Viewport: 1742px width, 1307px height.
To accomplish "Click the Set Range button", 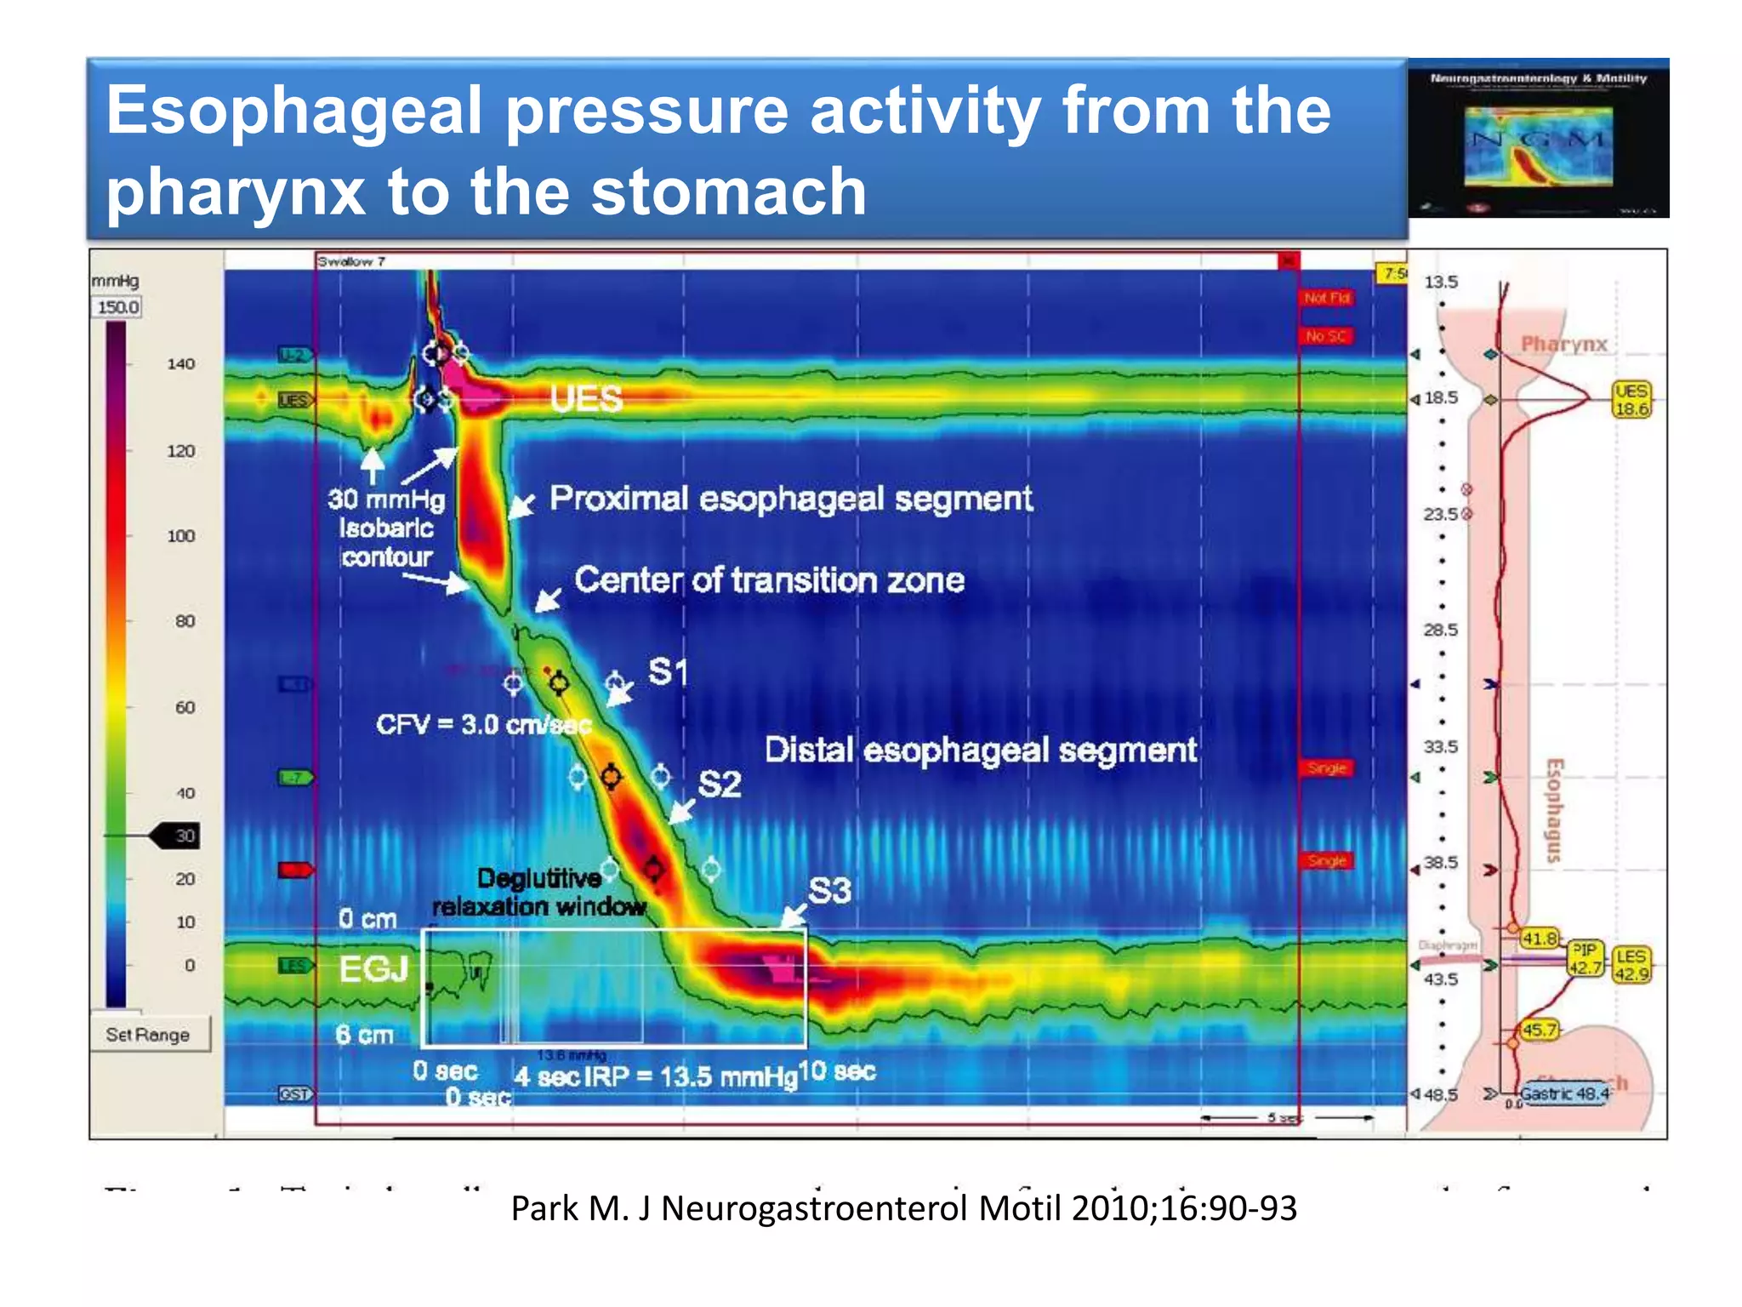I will [149, 1035].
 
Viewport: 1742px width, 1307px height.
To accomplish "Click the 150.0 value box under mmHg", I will [117, 307].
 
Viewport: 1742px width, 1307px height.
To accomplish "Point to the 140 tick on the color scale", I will [180, 364].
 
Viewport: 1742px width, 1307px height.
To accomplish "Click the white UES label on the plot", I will [586, 398].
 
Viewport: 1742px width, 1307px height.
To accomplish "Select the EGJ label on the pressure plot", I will [373, 968].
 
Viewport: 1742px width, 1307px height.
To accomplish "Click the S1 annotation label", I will [668, 672].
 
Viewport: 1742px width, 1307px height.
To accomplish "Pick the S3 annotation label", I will [829, 891].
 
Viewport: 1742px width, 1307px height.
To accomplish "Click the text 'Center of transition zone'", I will [769, 580].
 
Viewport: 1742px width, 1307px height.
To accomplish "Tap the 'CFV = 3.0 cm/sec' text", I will [483, 725].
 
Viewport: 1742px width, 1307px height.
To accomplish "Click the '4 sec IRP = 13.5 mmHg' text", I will [656, 1077].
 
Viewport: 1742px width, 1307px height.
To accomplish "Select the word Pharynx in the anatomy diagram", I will [1563, 344].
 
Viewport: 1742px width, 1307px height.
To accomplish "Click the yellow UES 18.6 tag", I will [1631, 400].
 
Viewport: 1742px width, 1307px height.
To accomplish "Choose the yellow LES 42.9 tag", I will [1631, 965].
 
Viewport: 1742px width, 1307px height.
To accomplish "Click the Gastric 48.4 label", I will [1564, 1093].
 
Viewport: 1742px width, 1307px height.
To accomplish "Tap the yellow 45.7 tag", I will [1539, 1030].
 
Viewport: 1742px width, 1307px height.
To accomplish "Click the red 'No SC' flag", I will [1325, 336].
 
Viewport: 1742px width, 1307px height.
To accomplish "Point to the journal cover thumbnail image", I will [1538, 139].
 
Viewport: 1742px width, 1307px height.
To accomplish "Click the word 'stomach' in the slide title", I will [729, 192].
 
